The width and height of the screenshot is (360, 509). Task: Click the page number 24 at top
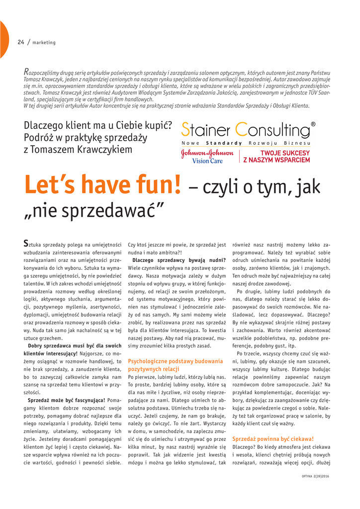[21, 42]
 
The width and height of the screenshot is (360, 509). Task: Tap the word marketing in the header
[44, 42]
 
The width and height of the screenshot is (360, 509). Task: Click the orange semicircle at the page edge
[3, 40]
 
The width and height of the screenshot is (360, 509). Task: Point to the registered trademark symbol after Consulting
[313, 124]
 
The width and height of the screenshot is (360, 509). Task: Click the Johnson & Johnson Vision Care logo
[207, 157]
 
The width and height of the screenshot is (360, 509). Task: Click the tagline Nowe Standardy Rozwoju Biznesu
[247, 143]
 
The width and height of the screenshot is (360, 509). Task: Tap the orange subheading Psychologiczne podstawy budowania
[176, 361]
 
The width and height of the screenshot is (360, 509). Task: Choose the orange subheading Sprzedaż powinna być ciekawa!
[273, 439]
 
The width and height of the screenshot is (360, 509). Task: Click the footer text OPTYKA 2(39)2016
[318, 476]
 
